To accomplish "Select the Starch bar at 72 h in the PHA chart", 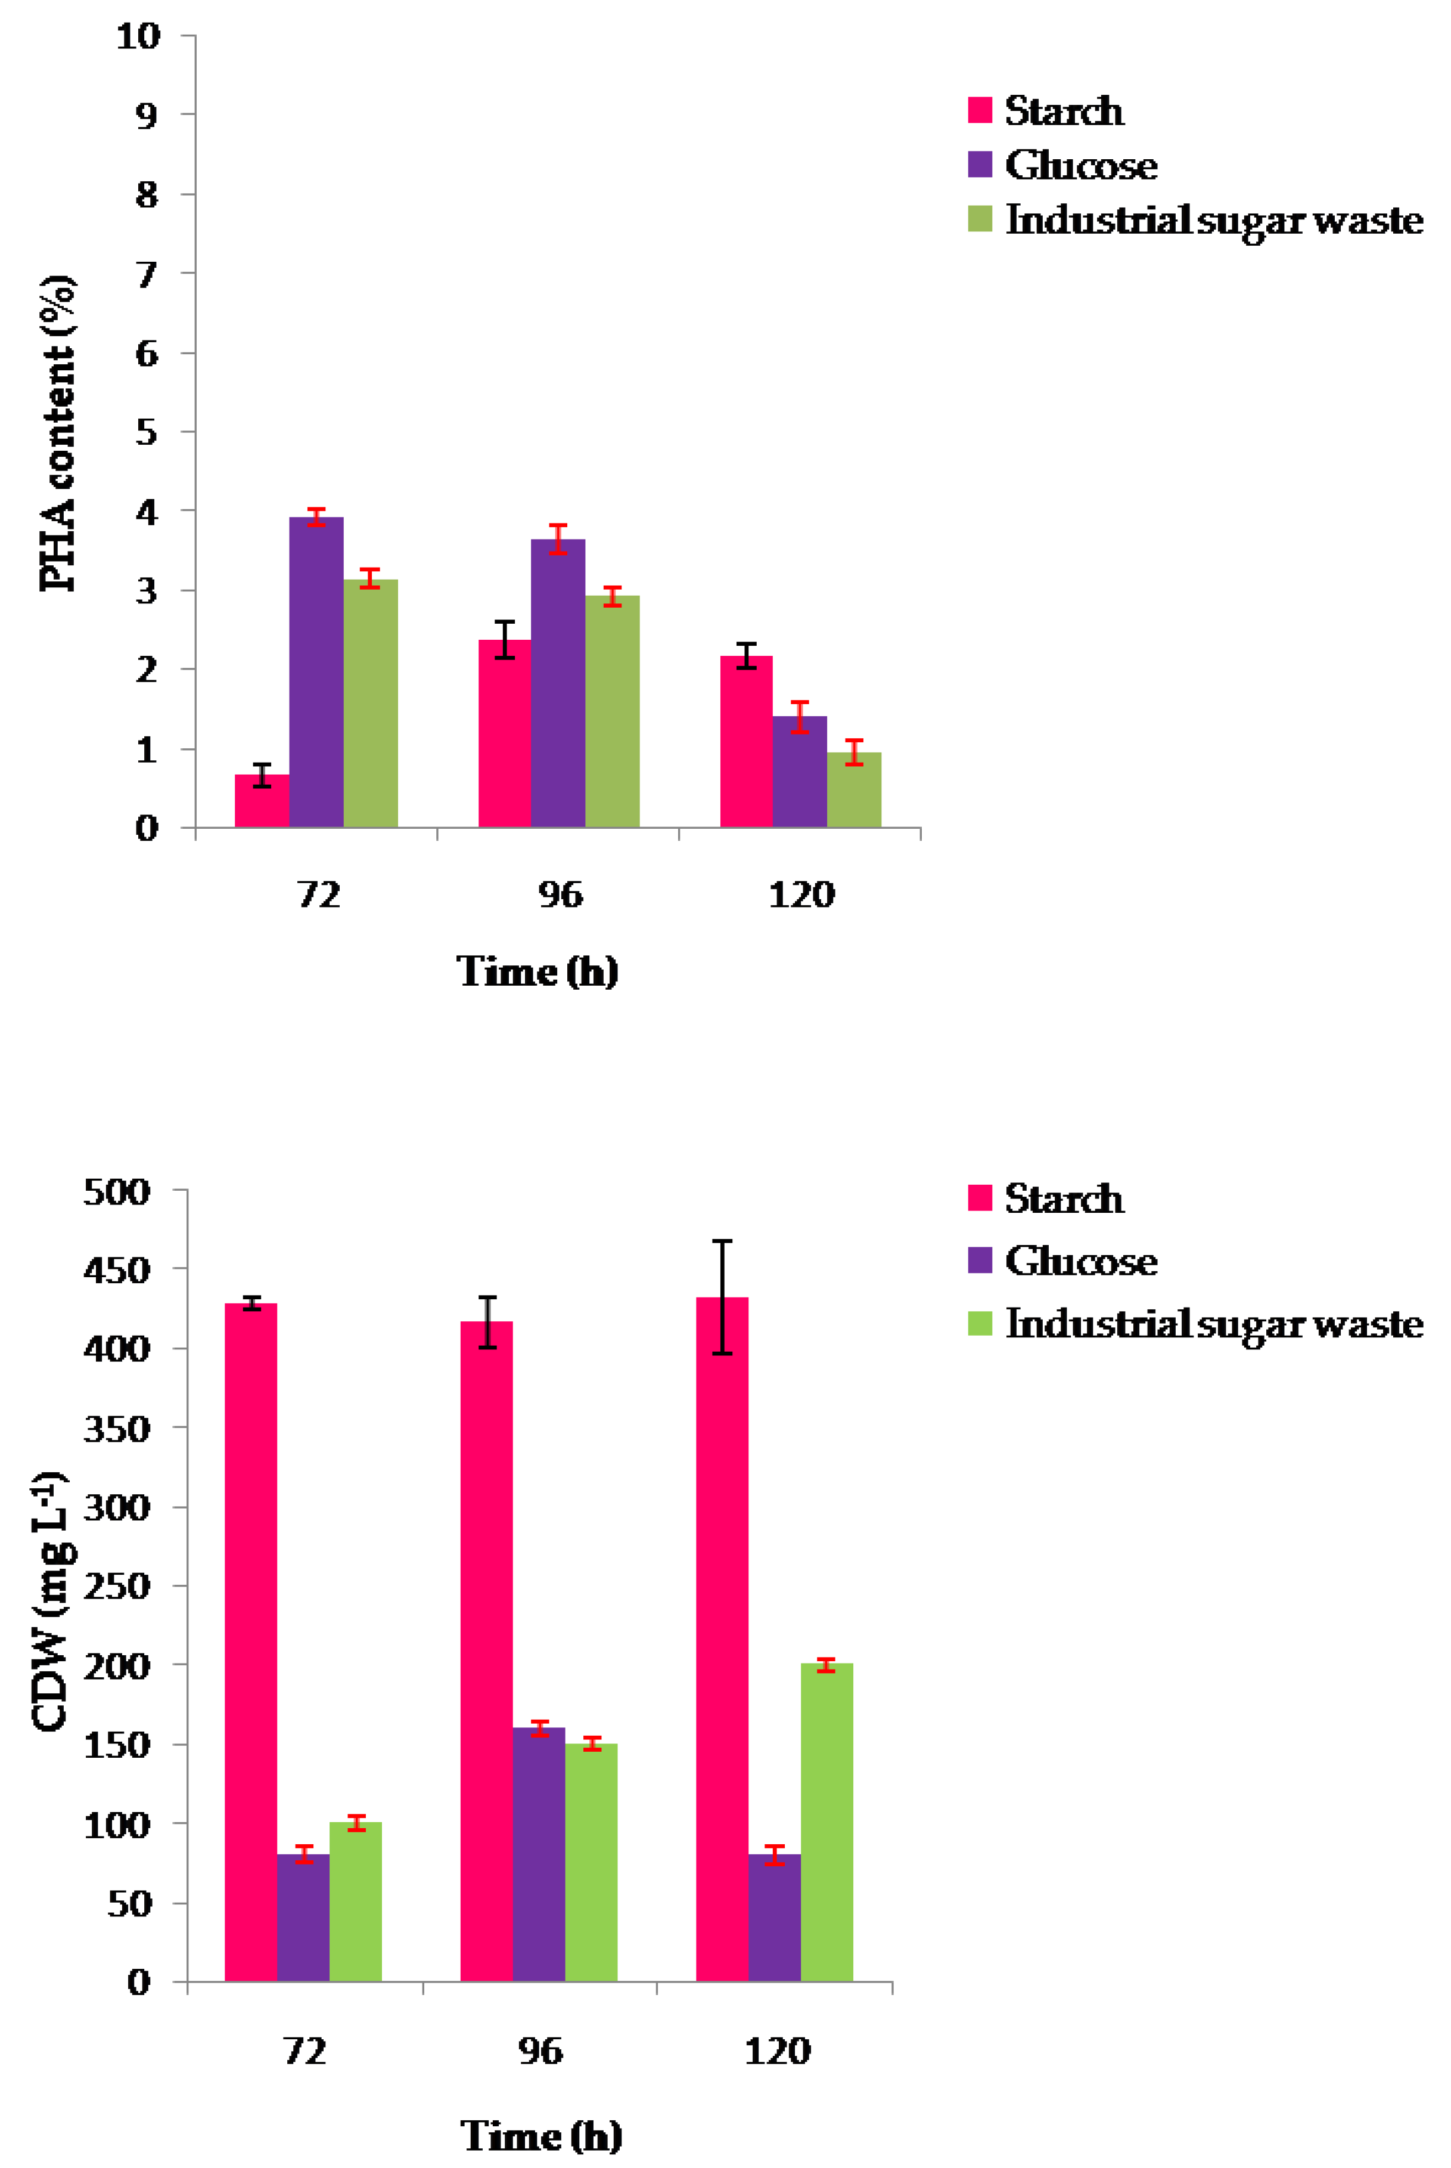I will coord(262,801).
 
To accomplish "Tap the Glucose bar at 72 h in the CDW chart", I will coord(303,1917).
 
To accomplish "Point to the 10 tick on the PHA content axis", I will coord(138,36).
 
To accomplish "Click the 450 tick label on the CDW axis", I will coord(117,1270).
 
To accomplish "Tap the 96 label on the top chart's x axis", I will coord(560,894).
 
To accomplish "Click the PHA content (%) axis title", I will coord(57,433).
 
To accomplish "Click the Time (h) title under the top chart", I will coord(537,971).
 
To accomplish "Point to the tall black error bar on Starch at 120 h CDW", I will coord(722,1296).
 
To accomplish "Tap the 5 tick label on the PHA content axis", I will coord(146,432).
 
